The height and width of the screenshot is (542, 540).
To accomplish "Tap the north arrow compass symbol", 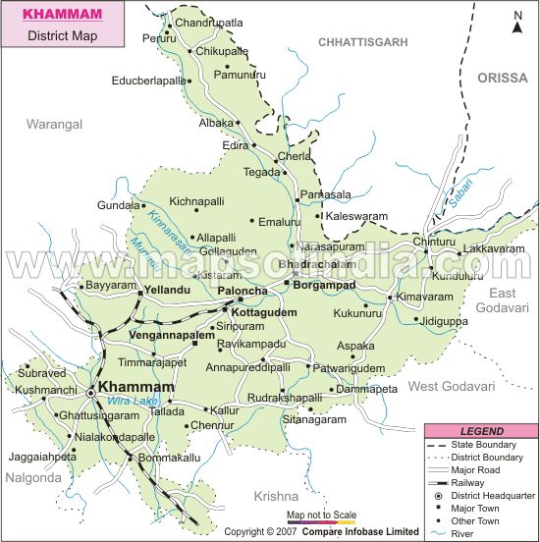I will (x=516, y=22).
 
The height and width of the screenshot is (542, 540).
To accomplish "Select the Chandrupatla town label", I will (x=208, y=21).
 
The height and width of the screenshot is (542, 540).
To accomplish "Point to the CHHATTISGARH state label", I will (x=362, y=42).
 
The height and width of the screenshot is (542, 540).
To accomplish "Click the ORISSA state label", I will (x=502, y=78).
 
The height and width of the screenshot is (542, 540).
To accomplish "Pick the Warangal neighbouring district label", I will (x=54, y=124).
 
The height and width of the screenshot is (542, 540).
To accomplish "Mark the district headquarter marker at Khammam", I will (x=90, y=392).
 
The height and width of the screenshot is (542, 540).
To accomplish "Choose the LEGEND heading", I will (x=481, y=431).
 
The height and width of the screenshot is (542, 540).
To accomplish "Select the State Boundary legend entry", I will (x=492, y=445).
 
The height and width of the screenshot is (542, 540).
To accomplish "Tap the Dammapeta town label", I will (x=366, y=389).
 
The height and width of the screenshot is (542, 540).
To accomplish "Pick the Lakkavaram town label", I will (x=495, y=249).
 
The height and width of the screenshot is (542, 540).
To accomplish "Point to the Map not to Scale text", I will (x=321, y=515).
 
